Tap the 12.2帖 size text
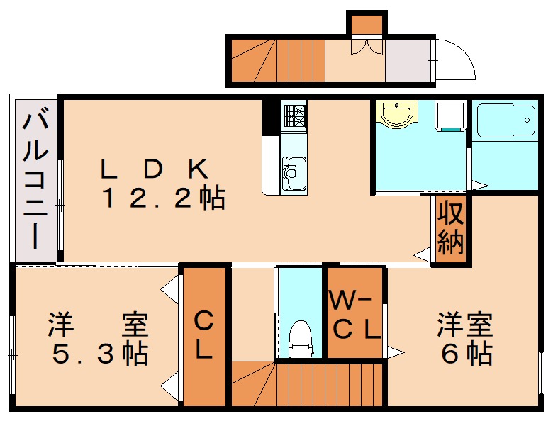[163, 198]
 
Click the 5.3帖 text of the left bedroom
[99, 352]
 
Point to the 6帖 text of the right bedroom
[467, 352]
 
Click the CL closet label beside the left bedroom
[204, 336]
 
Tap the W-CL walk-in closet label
[354, 315]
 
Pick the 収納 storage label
[449, 228]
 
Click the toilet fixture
[301, 337]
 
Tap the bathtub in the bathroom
[504, 121]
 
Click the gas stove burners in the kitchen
[294, 115]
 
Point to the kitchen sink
[293, 173]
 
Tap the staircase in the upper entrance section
[276, 60]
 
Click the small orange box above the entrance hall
[367, 24]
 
